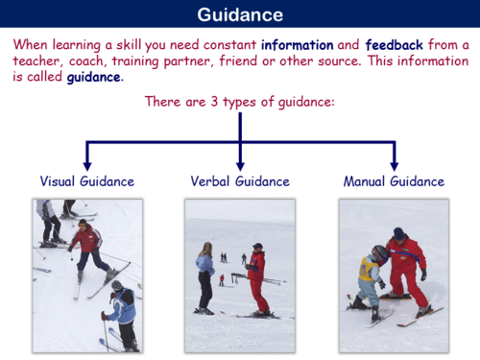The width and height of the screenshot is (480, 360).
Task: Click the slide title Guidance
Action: click(240, 15)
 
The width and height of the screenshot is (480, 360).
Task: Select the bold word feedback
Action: click(401, 44)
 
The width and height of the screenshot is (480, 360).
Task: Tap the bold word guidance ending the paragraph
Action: click(94, 77)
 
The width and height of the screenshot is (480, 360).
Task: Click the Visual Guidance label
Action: click(86, 180)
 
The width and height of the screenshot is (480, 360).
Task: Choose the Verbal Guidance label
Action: click(240, 180)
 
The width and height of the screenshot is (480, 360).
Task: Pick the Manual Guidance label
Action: click(394, 180)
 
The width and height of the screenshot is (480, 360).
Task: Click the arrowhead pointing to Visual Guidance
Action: click(86, 164)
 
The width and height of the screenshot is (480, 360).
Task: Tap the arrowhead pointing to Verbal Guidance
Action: click(240, 164)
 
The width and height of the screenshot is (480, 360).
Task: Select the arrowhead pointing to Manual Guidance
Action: click(394, 164)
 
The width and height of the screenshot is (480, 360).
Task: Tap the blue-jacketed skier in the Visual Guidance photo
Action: click(122, 312)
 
